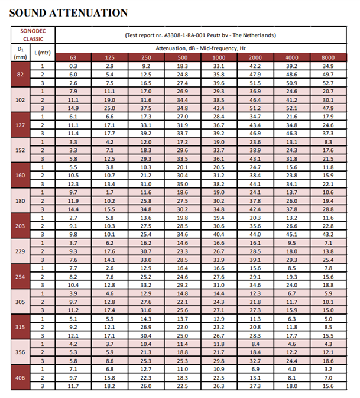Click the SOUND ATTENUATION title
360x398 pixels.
pyautogui.click(x=68, y=12)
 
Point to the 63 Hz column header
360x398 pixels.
pyautogui.click(x=73, y=57)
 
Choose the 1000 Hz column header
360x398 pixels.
pyautogui.click(x=219, y=57)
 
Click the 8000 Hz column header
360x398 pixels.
pyautogui.click(x=328, y=57)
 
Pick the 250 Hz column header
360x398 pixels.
pyautogui.click(x=146, y=57)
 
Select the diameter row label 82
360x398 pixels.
pyautogui.click(x=20, y=75)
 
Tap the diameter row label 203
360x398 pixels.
pyautogui.click(x=20, y=225)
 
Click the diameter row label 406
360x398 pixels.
pyautogui.click(x=20, y=376)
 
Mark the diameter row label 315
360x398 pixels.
pyautogui.click(x=20, y=326)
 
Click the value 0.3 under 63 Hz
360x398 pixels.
pyautogui.click(x=73, y=66)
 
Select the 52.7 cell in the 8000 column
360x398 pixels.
pyautogui.click(x=328, y=83)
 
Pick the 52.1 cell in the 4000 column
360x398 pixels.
pyautogui.click(x=291, y=108)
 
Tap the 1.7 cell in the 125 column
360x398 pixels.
pyautogui.click(x=109, y=192)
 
